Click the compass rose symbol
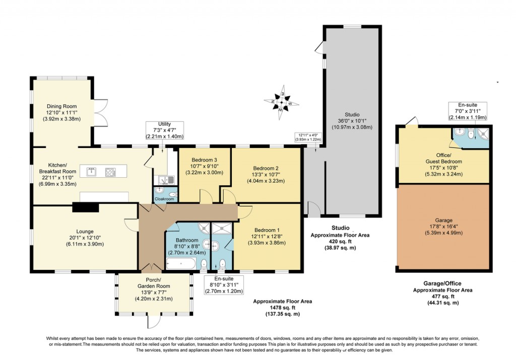click(x=282, y=103)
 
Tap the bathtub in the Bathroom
click(x=180, y=263)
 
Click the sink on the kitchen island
click(x=92, y=172)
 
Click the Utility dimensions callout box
click(x=164, y=130)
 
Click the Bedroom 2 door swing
click(x=228, y=198)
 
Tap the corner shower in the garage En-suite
click(x=482, y=133)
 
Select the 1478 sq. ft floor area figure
click(x=282, y=308)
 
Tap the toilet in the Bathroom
click(x=204, y=264)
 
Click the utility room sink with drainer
click(x=165, y=180)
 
